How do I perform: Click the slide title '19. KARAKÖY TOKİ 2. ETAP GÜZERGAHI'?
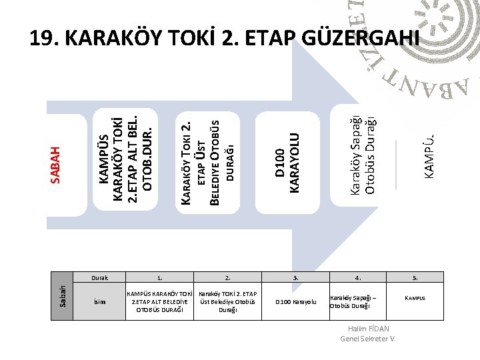point(225,39)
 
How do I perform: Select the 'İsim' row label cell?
point(99,301)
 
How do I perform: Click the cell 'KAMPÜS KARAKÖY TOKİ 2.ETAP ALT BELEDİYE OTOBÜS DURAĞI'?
point(159,301)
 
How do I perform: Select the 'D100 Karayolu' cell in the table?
point(296,302)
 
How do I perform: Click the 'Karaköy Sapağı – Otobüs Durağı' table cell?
point(357,301)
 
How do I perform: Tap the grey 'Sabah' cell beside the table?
point(62,295)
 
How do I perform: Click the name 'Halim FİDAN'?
point(369,329)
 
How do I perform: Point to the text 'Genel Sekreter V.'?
point(368,339)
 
